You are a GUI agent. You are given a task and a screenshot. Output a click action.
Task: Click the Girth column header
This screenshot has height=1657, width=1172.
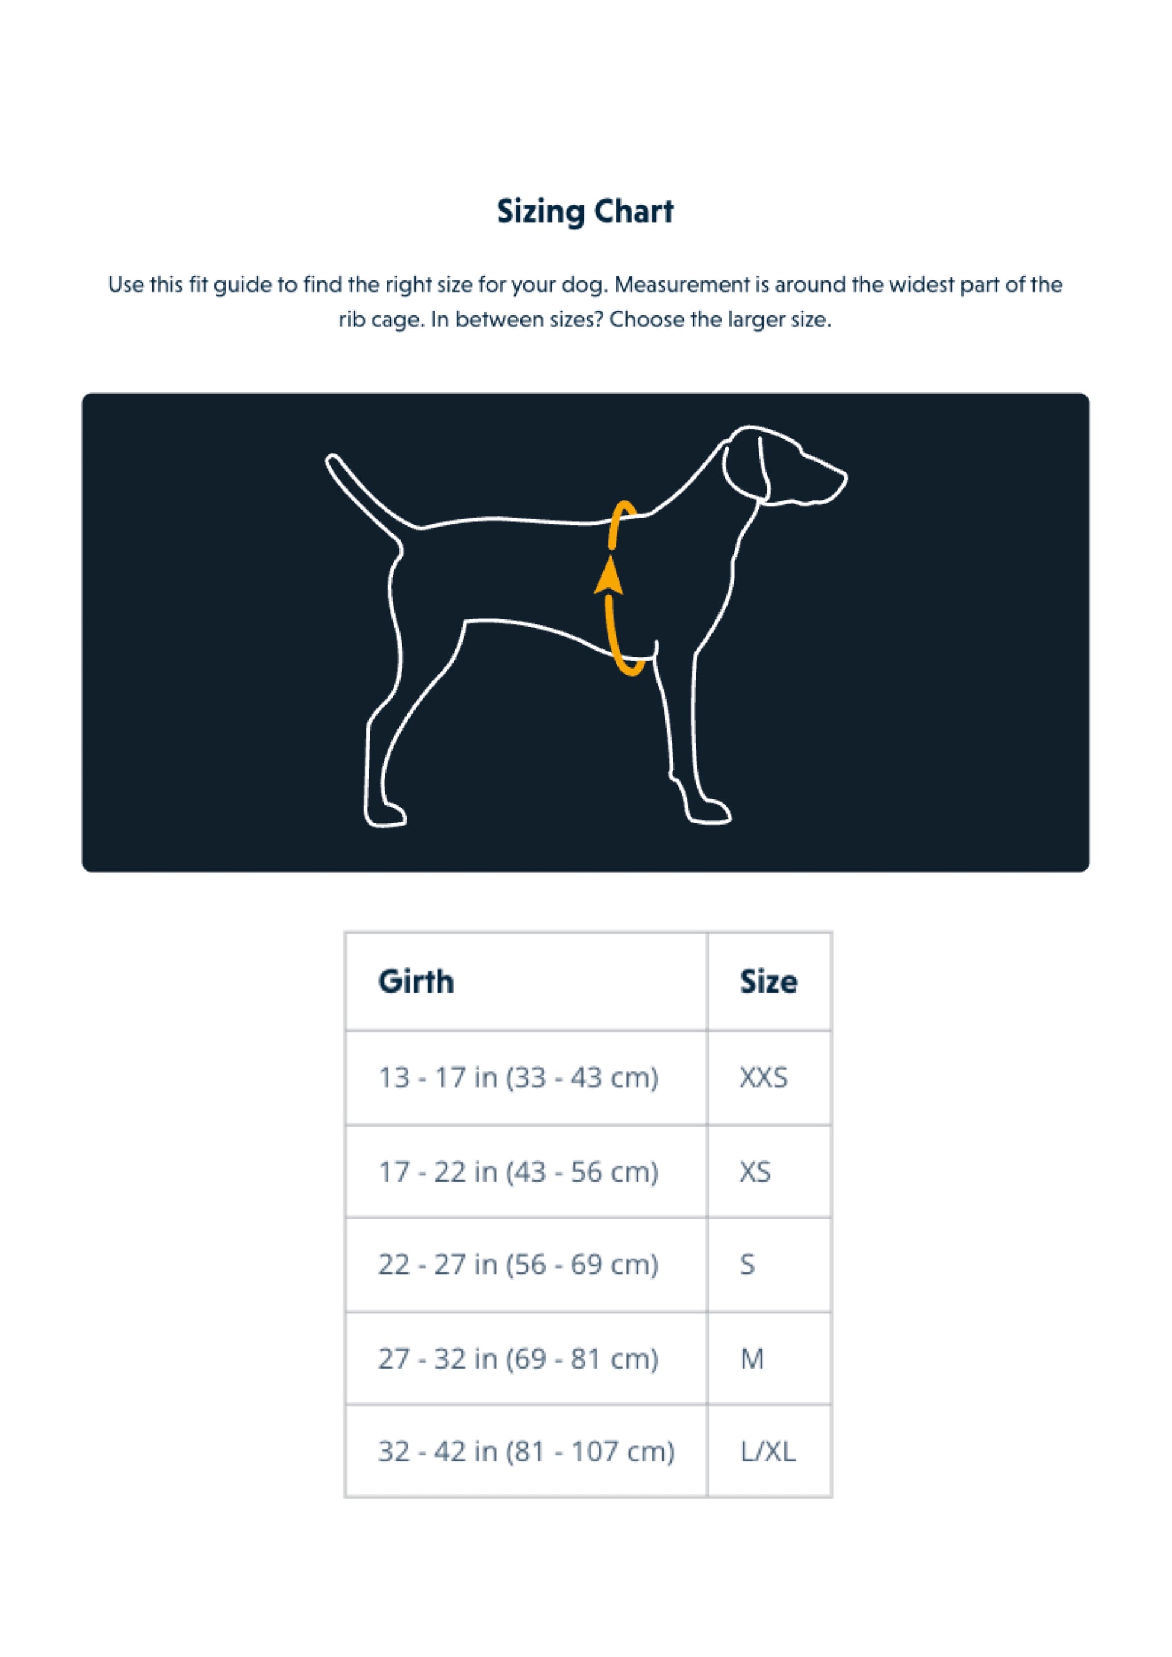coord(416,982)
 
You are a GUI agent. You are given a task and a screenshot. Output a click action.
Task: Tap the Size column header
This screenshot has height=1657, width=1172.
coord(768,982)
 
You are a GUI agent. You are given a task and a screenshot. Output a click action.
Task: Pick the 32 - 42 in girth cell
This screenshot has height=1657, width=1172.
coord(526,1451)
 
